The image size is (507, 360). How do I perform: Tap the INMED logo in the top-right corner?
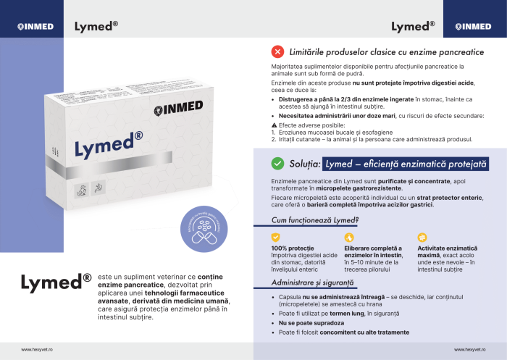pyautogui.click(x=473, y=27)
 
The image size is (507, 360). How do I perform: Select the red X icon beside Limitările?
pyautogui.click(x=277, y=52)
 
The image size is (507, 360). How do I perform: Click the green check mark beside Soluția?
pyautogui.click(x=277, y=164)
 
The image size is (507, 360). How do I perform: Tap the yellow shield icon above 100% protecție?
pyautogui.click(x=275, y=237)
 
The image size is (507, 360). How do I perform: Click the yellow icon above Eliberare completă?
pyautogui.click(x=348, y=237)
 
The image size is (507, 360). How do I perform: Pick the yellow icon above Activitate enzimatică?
pyautogui.click(x=423, y=237)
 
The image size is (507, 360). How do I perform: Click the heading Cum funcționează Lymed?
pyautogui.click(x=315, y=219)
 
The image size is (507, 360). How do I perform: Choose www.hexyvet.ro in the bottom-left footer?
pyautogui.click(x=36, y=349)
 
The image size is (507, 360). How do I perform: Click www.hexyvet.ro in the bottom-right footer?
pyautogui.click(x=469, y=349)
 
